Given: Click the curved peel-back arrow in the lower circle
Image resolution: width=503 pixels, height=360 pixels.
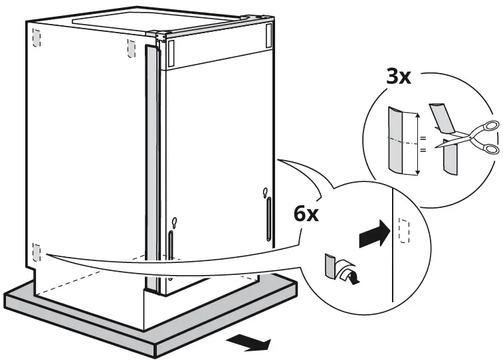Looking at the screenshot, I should pos(348,271).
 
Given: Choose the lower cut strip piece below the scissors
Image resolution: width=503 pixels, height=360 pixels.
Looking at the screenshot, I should pos(449,161).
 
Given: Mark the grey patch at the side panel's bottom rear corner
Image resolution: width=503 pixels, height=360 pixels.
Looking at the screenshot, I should pos(36,253).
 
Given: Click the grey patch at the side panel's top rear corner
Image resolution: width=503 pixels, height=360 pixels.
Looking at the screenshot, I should pos(37,39).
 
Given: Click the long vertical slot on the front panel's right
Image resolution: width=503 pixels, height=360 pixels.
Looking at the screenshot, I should pos(268,221).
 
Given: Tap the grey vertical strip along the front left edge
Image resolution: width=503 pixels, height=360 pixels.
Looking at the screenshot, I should pos(151,166).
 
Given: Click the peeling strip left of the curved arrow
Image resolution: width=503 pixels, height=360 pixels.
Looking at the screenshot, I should pos(330,266).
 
